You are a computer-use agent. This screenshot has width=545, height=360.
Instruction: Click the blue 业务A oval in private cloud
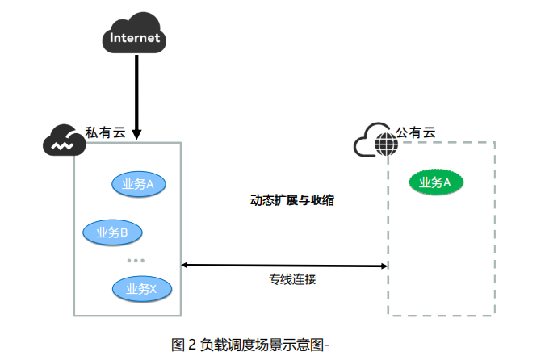pyautogui.click(x=138, y=184)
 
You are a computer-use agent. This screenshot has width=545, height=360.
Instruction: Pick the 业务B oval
pyautogui.click(x=112, y=233)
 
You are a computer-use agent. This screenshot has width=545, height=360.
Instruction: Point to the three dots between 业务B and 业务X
pyautogui.click(x=136, y=260)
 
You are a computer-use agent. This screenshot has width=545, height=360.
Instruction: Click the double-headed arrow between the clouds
pyautogui.click(x=284, y=265)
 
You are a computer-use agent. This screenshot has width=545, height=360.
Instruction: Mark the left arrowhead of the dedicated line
pyautogui.click(x=185, y=264)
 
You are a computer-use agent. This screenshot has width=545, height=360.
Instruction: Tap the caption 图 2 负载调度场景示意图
pyautogui.click(x=251, y=345)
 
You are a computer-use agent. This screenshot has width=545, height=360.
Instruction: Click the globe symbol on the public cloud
pyautogui.click(x=386, y=145)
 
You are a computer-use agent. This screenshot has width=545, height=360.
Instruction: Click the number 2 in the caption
pyautogui.click(x=192, y=345)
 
